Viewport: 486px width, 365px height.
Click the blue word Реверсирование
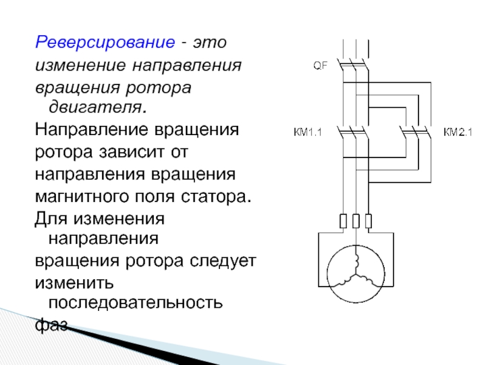(x=104, y=43)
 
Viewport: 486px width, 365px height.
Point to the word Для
(x=48, y=218)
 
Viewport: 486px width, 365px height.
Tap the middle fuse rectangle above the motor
(x=355, y=221)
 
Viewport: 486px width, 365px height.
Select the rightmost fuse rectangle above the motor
(x=368, y=221)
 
